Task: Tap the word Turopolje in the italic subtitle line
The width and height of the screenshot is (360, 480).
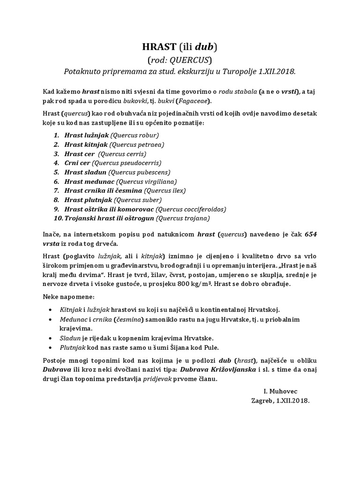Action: (242, 71)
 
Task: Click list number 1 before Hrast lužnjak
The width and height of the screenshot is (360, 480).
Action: (56, 135)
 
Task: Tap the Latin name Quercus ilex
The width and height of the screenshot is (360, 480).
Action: (165, 190)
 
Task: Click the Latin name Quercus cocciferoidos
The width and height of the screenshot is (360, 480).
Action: (191, 209)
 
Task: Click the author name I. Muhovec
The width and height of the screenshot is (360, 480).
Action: (280, 390)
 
